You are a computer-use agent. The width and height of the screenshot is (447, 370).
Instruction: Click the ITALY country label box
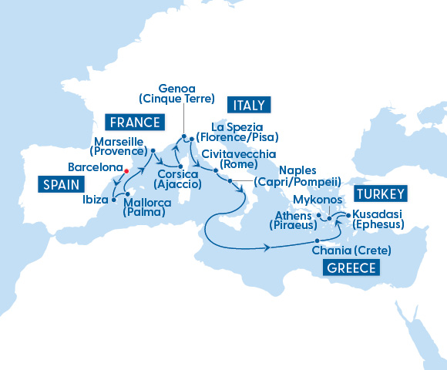pos(247,105)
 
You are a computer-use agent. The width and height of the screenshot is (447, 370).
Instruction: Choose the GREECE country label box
pos(351,267)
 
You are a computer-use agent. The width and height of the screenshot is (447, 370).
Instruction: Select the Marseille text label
pos(118,142)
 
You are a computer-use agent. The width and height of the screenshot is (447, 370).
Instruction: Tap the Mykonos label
pos(311,200)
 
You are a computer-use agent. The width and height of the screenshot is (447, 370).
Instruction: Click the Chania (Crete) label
pos(351,251)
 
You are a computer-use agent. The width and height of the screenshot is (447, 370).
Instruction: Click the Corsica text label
pos(177,174)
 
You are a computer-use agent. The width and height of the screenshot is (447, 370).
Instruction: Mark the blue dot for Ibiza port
pos(114,200)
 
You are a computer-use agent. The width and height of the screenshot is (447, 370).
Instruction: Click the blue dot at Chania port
pos(317,242)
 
